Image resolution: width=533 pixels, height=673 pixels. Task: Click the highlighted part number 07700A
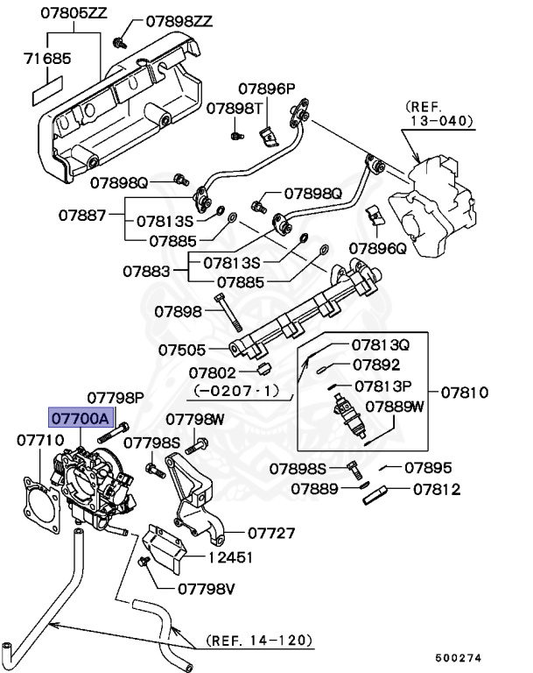point(80,419)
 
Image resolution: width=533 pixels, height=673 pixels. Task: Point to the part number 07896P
point(267,89)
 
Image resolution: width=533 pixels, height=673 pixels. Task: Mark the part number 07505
point(181,349)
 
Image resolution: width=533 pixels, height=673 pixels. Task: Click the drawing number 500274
point(460,655)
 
